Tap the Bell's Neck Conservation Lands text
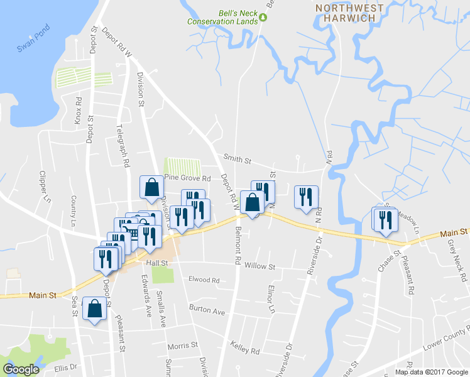(x=223, y=16)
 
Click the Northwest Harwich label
(x=349, y=13)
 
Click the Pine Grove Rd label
(x=187, y=177)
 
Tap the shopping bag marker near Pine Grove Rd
(x=151, y=187)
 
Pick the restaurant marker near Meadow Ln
(x=383, y=219)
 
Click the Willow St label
(x=260, y=266)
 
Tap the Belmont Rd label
(x=238, y=246)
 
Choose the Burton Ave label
(x=207, y=310)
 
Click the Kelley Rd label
(x=245, y=351)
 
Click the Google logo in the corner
(x=21, y=369)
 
